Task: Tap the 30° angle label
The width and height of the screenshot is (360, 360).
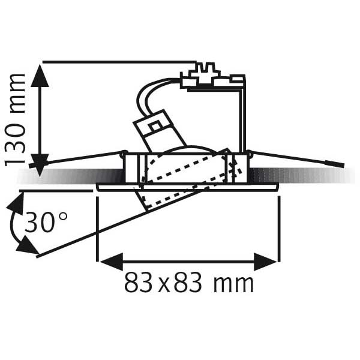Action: tap(46, 222)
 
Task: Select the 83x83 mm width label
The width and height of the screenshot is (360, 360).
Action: tap(189, 282)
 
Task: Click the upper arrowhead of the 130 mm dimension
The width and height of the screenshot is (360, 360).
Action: tap(40, 76)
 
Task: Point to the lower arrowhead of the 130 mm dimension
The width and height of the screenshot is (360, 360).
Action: tap(40, 165)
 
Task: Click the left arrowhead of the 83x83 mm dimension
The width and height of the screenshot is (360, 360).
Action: tap(112, 262)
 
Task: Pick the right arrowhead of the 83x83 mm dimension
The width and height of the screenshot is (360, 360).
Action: tap(265, 262)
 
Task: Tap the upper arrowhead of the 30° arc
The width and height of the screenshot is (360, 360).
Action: tap(16, 205)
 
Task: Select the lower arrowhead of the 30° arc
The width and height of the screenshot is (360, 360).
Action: tap(27, 245)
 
